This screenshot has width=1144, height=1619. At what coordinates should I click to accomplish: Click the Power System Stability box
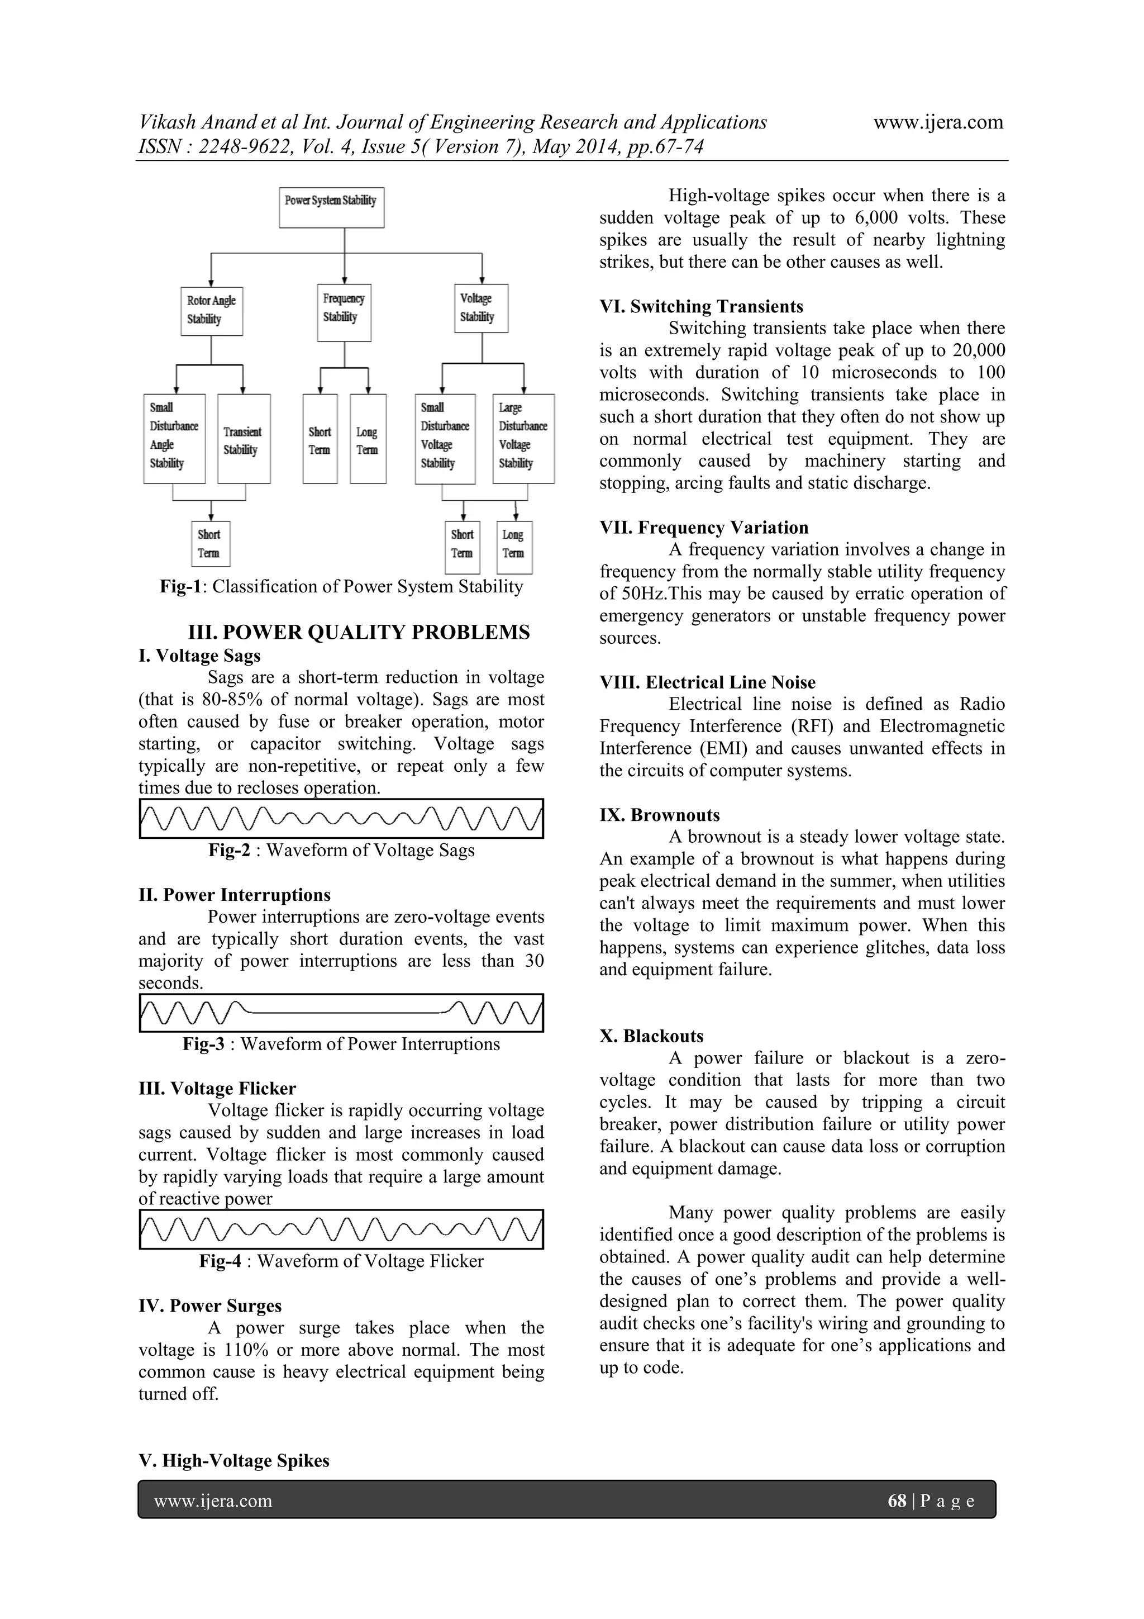331,207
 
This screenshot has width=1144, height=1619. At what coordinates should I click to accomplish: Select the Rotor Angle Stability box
212,310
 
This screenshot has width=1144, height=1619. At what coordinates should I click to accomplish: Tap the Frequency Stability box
344,312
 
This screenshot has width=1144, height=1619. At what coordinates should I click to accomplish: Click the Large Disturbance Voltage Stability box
523,439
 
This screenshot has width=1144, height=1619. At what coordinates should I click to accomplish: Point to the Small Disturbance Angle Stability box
174,439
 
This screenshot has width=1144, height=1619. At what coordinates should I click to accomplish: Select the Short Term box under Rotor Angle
210,544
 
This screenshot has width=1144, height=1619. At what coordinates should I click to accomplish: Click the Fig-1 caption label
181,587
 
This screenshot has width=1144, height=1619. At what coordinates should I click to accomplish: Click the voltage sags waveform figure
341,818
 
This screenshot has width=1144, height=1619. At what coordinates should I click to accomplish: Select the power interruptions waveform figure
341,1013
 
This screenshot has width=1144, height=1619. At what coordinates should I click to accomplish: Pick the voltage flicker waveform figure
341,1229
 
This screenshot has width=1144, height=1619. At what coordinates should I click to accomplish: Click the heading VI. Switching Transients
702,307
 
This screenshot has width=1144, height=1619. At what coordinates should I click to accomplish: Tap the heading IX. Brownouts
660,815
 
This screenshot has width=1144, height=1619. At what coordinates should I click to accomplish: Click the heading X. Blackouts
651,1036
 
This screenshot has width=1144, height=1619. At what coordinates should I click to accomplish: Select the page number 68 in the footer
897,1501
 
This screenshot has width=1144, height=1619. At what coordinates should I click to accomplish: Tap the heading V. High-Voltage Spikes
234,1460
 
